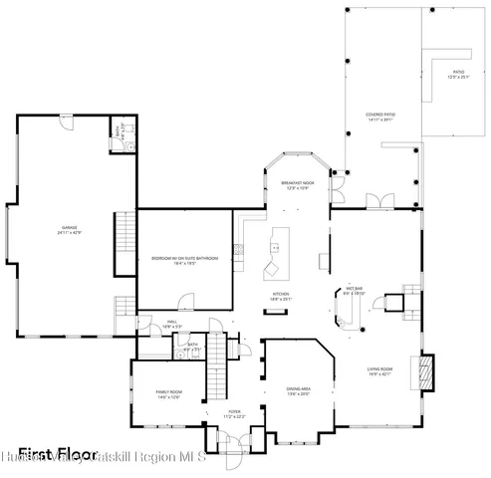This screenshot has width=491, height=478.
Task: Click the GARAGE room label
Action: click(x=69, y=230)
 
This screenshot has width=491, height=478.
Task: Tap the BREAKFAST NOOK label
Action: click(x=297, y=185)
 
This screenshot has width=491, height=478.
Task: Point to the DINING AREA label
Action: click(x=299, y=389)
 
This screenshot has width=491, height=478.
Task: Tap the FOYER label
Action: click(x=235, y=412)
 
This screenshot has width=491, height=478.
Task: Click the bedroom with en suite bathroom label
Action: click(x=184, y=261)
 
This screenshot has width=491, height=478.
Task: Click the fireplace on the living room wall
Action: click(x=426, y=371)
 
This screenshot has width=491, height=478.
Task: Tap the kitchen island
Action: click(x=273, y=255)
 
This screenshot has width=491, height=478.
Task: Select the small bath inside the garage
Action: click(x=119, y=139)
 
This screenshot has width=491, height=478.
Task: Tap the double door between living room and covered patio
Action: click(x=378, y=202)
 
